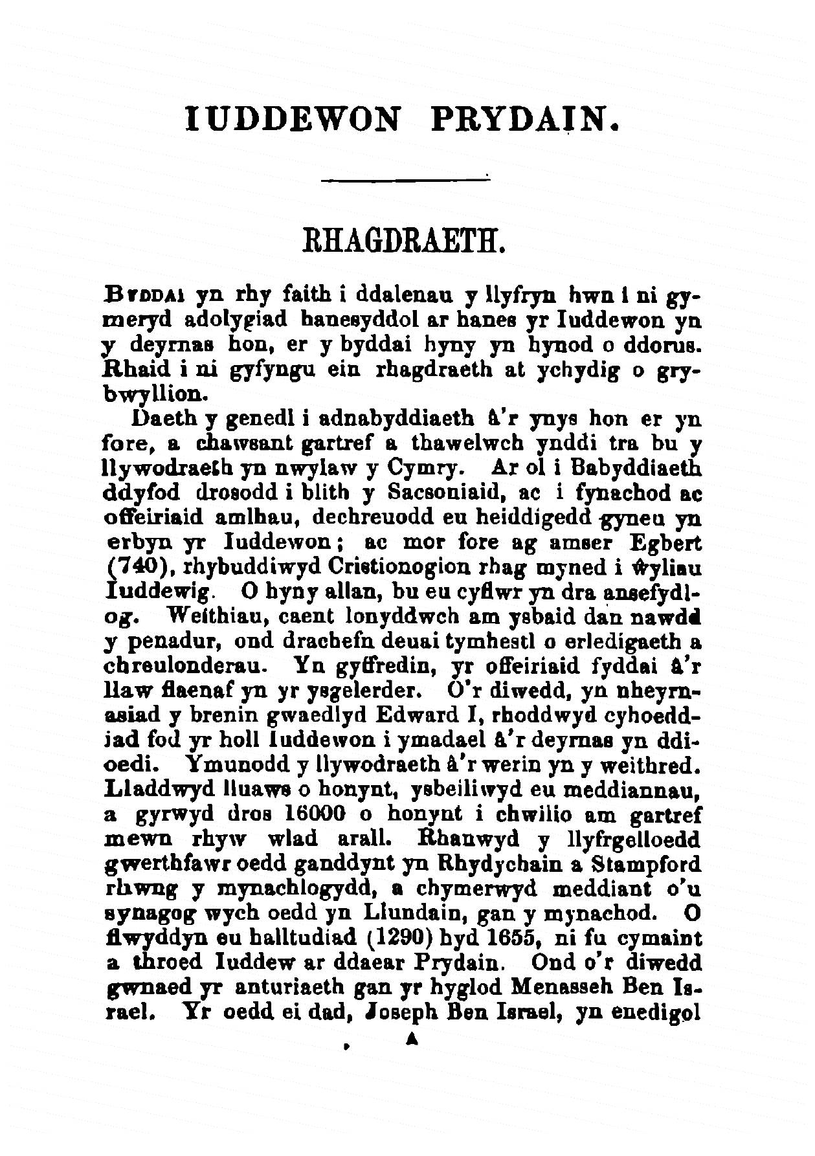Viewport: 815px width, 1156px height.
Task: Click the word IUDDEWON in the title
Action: tap(292, 120)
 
